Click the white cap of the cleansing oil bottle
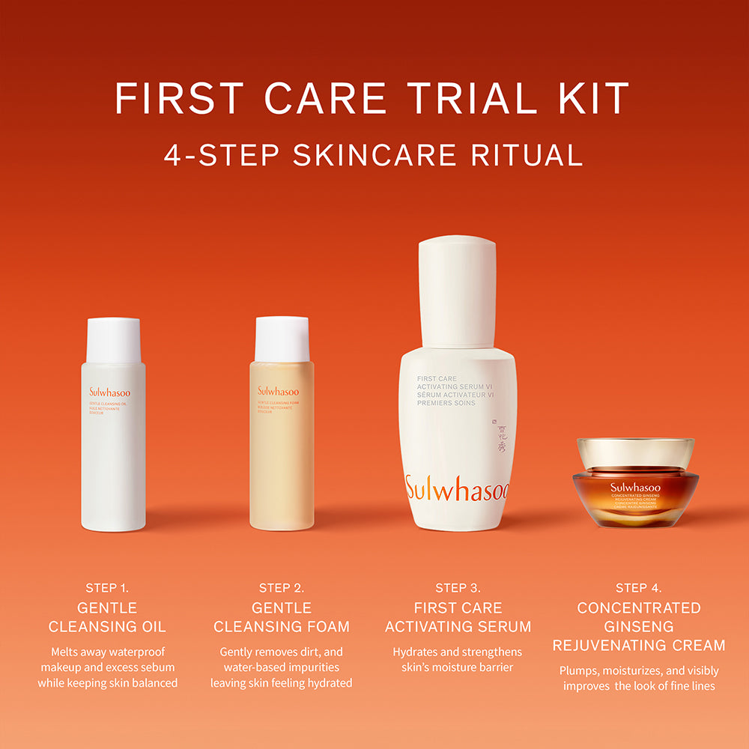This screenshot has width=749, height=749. [113, 341]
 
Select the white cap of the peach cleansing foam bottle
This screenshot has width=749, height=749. [282, 339]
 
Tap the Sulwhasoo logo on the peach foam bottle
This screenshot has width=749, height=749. [278, 391]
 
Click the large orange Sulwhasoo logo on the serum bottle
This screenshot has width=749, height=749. [457, 489]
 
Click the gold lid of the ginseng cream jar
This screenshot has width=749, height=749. [635, 452]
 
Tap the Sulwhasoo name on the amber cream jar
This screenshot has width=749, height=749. [635, 488]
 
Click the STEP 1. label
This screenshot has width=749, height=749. [112, 588]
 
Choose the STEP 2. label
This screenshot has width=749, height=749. [282, 588]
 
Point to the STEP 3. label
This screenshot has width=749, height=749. [458, 588]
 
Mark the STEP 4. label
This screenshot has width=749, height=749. [638, 588]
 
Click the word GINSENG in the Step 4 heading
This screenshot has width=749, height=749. [638, 626]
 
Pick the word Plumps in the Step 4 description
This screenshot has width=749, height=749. [580, 670]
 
